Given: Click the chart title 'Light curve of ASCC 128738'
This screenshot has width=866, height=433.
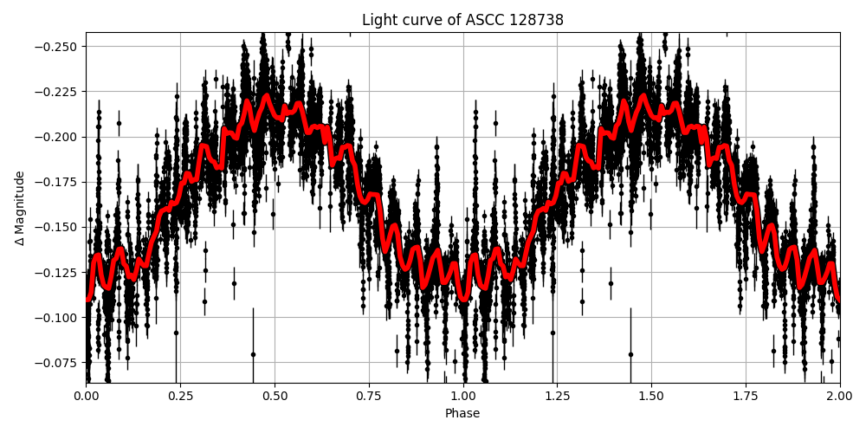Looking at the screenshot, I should pyautogui.click(x=462, y=20).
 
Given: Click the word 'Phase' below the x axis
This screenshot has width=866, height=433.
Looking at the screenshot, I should pyautogui.click(x=462, y=414).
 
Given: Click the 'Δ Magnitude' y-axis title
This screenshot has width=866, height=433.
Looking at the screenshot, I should pyautogui.click(x=19, y=208).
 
